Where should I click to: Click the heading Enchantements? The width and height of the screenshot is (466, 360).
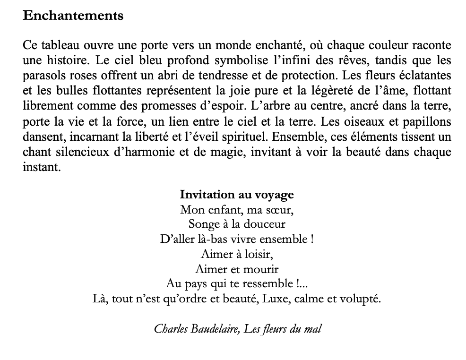click(73, 16)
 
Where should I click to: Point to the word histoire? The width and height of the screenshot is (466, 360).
click(65, 60)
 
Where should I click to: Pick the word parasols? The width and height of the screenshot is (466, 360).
click(42, 75)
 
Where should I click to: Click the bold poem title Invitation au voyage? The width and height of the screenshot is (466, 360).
click(237, 195)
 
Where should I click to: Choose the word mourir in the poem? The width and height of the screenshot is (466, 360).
click(260, 269)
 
